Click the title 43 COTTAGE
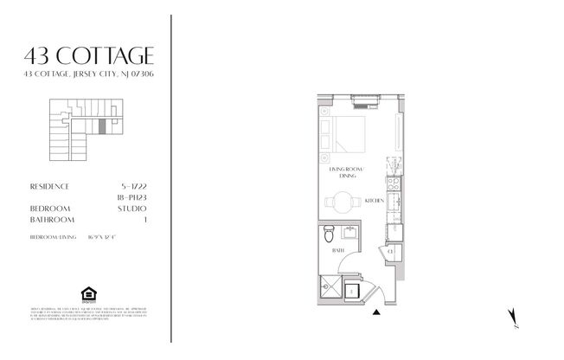[x=91, y=57]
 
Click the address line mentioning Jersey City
[x=91, y=75]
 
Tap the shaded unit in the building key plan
[x=101, y=126]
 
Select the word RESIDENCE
[x=49, y=186]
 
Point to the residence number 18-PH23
[x=131, y=197]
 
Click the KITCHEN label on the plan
[x=374, y=200]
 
